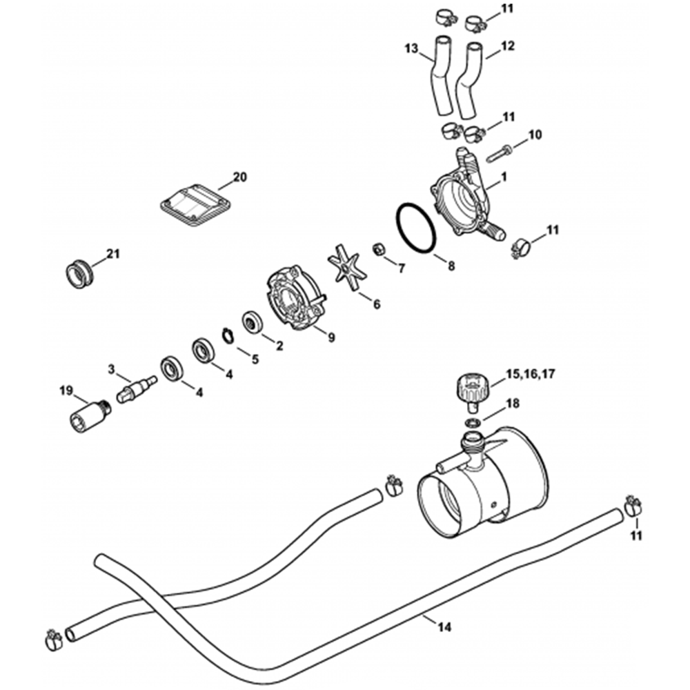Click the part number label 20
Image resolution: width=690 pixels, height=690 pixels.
(239, 177)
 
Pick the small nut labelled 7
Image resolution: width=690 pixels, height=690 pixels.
(379, 249)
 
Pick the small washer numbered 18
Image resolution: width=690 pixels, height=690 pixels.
(472, 422)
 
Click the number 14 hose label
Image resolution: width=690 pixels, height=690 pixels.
(444, 627)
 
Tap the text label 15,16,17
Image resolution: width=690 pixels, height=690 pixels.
(531, 374)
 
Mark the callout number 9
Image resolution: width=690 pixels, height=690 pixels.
(331, 337)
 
